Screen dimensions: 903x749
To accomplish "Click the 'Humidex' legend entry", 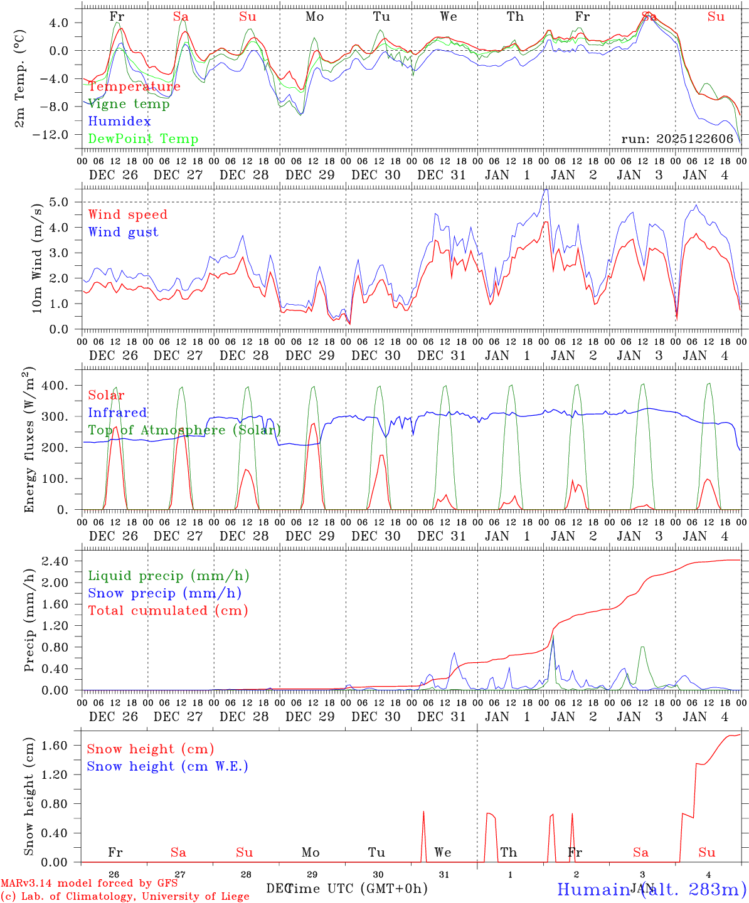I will point(119,122).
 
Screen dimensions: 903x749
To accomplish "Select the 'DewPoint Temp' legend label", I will point(143,139).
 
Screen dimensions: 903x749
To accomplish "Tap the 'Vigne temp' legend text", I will point(129,104).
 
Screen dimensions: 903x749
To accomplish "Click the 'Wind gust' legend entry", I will point(123,232).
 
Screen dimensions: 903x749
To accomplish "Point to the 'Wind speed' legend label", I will point(127,214).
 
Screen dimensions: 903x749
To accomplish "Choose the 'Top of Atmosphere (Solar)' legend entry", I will point(184,430).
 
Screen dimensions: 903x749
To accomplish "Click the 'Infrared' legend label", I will point(117,413).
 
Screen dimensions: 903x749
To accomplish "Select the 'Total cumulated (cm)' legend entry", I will point(167,611).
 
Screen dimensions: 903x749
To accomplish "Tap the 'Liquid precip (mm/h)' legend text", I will point(168,576).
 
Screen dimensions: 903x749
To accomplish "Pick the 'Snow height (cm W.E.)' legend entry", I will point(167,766).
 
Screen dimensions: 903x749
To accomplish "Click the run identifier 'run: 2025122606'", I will point(677,139).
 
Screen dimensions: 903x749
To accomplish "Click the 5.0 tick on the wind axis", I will point(67,202).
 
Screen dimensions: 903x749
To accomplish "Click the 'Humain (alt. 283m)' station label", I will point(651,889).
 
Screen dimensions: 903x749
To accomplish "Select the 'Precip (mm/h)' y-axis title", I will point(29,621).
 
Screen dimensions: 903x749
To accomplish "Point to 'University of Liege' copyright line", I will point(125,896).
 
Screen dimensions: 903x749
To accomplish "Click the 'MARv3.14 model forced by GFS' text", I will point(89,884).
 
